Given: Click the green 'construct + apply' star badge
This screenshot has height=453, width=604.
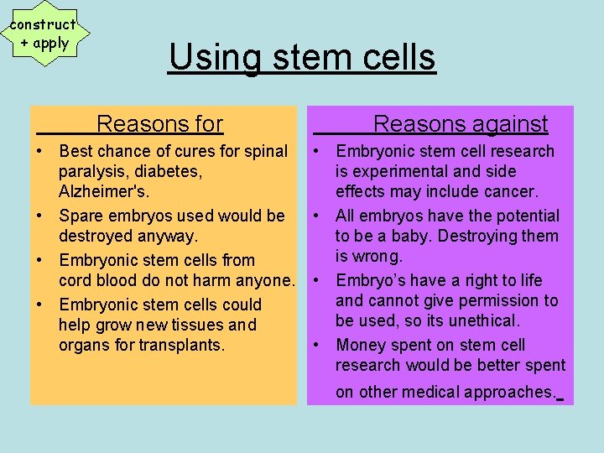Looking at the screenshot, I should tap(42, 34).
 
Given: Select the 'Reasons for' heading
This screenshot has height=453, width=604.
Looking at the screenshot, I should tap(159, 124).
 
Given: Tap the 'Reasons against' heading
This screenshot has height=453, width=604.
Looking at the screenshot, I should tap(460, 124).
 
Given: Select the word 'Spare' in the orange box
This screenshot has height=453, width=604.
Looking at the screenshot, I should tap(83, 216).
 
